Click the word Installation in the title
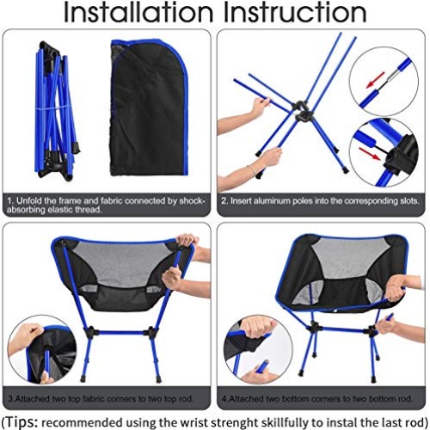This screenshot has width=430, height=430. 137,14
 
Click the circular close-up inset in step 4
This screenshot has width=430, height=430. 249,351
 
